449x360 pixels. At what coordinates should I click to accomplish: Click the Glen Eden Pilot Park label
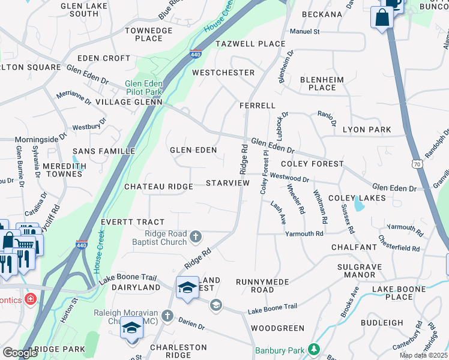(144, 88)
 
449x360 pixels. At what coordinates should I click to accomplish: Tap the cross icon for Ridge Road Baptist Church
(195, 238)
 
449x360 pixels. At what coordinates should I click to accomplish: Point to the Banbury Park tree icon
(313, 349)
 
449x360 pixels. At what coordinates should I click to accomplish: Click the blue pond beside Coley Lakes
(359, 205)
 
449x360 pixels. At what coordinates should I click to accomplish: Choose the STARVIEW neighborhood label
(227, 182)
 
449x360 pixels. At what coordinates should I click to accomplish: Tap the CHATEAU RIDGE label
(158, 187)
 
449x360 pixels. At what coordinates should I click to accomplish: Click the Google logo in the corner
(20, 353)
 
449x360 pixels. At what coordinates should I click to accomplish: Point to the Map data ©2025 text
(423, 356)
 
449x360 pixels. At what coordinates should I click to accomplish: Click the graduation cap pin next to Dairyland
(187, 287)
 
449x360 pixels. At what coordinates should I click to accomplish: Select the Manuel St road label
(305, 31)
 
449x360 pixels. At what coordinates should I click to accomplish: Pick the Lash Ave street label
(277, 212)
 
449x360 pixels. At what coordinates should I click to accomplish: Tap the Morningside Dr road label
(41, 138)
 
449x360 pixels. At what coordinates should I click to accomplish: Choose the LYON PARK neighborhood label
(366, 130)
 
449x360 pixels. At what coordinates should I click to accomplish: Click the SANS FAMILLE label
(104, 151)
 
